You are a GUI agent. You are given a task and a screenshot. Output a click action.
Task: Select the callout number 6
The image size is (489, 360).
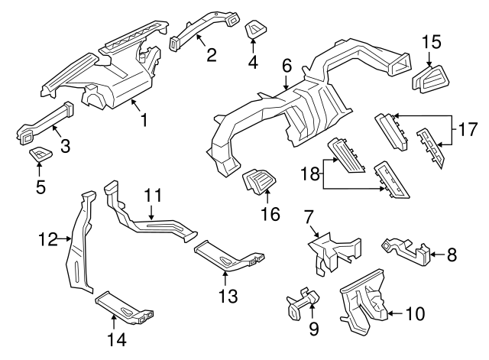[x=287, y=66]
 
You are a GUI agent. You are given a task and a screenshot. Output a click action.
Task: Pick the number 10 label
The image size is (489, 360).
[x=413, y=313]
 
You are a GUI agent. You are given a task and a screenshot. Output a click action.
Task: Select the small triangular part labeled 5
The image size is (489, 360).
[x=39, y=155]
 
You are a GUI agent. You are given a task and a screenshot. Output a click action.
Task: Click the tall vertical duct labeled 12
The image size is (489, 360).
[x=79, y=245]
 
